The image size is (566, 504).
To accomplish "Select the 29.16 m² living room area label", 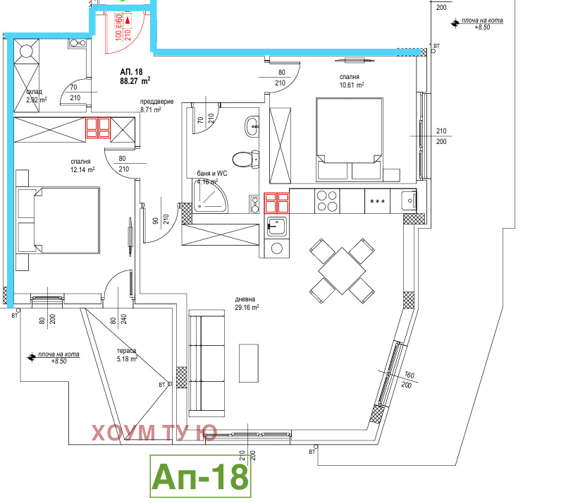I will click(x=247, y=303).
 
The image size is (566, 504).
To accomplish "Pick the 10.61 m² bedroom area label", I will click(x=350, y=81).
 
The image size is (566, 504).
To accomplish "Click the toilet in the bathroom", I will click(x=244, y=160).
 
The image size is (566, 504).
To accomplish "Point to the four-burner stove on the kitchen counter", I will click(x=327, y=201).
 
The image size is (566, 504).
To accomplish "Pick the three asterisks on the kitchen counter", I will click(x=376, y=201).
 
